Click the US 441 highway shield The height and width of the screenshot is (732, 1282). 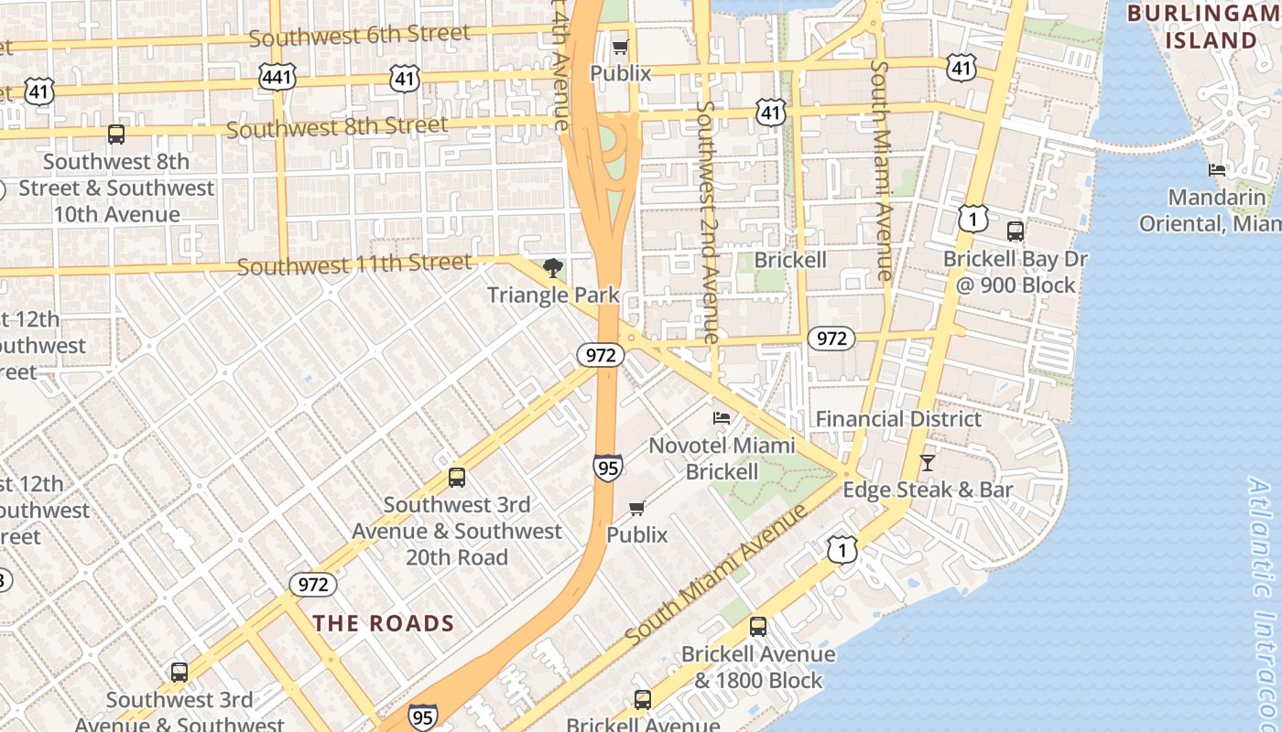(277, 77)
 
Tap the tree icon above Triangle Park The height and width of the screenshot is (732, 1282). (552, 268)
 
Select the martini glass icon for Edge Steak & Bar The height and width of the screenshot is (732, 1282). (927, 463)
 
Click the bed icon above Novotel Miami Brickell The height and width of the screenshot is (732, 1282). (722, 418)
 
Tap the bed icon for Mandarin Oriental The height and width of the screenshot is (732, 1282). (1217, 170)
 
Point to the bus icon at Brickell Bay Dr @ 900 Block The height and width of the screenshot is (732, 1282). (1015, 231)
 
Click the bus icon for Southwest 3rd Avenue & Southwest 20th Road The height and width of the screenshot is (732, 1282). (456, 478)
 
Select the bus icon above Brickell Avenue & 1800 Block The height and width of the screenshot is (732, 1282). (757, 627)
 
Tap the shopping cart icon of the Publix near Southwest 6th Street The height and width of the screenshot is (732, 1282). (620, 47)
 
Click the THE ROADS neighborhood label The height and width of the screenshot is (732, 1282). (384, 624)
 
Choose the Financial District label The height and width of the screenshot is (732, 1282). (898, 419)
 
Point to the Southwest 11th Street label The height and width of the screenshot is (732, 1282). (354, 265)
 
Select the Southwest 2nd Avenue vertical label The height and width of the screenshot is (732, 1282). (706, 221)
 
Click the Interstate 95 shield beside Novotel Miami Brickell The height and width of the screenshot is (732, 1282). (607, 468)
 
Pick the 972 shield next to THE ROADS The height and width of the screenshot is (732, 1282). (313, 584)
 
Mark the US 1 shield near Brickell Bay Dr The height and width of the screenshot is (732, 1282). (973, 218)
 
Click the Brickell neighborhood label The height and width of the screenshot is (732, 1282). (789, 260)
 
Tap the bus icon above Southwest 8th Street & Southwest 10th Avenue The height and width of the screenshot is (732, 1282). (116, 135)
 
